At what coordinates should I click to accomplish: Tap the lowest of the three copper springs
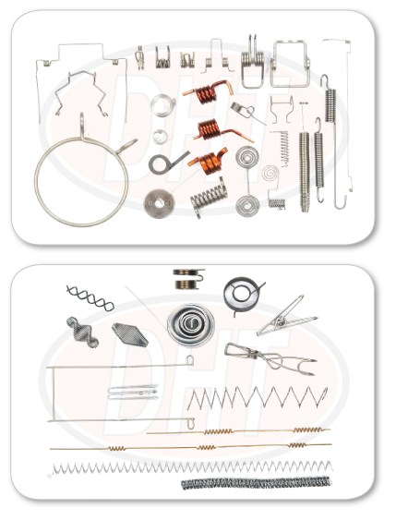tap(210, 162)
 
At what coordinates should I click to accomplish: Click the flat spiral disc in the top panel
tap(159, 203)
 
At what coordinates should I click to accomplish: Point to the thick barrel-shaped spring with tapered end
tap(305, 172)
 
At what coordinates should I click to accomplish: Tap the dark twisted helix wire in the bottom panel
tap(90, 298)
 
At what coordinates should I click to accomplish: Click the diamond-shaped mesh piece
tap(130, 334)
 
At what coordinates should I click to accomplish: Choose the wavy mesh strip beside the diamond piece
tap(83, 333)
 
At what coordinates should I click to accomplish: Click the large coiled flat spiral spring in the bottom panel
tap(190, 324)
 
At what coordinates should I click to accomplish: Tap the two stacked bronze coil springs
tap(188, 279)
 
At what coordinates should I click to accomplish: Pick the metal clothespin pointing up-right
tap(286, 316)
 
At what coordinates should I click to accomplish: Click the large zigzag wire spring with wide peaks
tap(258, 397)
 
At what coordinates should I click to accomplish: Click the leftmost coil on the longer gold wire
tap(117, 448)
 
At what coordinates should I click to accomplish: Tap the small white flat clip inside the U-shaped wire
tap(133, 393)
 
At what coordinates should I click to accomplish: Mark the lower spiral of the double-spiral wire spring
tap(247, 206)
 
